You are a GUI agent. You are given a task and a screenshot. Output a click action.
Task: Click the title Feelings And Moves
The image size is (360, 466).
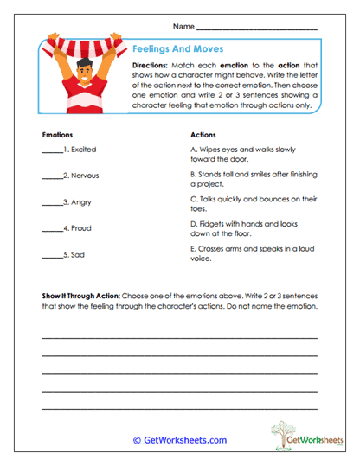pyautogui.click(x=178, y=50)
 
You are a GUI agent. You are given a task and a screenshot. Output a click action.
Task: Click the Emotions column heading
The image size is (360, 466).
pyautogui.click(x=57, y=136)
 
